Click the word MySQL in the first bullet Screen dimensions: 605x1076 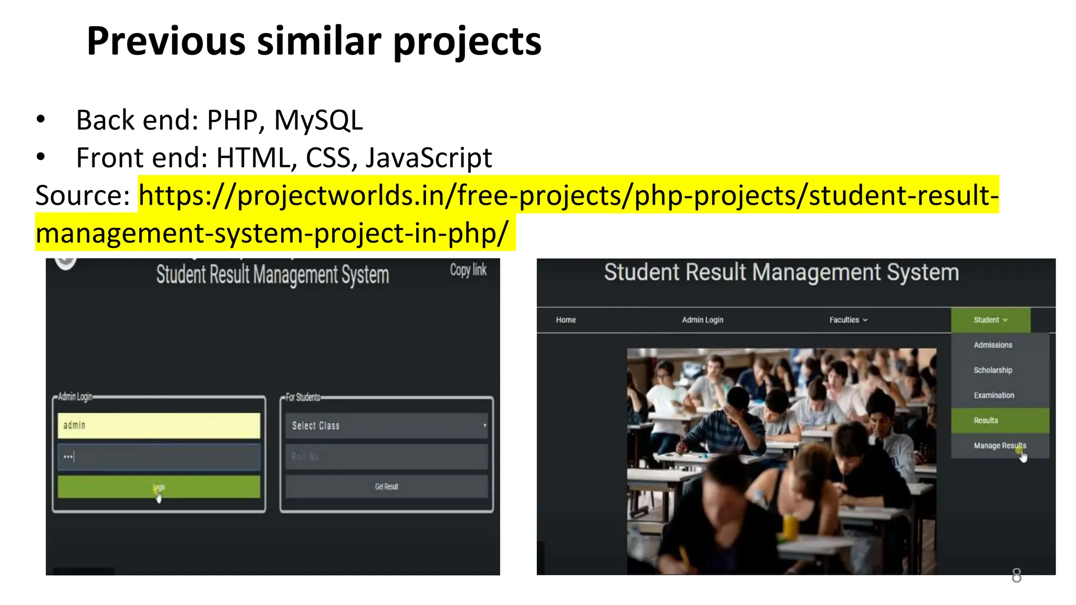tap(318, 120)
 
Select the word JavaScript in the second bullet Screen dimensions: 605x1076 tap(428, 158)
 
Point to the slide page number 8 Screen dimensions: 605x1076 tap(1016, 576)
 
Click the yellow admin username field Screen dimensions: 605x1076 tap(159, 425)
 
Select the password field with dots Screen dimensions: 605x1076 tap(159, 456)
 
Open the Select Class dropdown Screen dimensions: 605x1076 tap(387, 425)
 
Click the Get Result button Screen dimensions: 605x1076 tap(387, 487)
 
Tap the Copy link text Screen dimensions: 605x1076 tap(468, 270)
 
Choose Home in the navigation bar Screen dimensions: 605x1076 tap(566, 320)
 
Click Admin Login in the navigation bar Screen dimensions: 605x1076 tap(702, 320)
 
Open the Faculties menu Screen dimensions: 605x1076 tap(848, 320)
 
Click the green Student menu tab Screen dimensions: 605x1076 tap(990, 320)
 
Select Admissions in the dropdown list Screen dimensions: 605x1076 tap(992, 345)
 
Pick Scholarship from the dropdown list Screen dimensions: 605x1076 tap(992, 370)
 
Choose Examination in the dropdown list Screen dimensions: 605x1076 tap(994, 395)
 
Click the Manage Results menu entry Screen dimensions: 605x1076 tap(999, 446)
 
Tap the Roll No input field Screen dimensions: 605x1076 tap(387, 456)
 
